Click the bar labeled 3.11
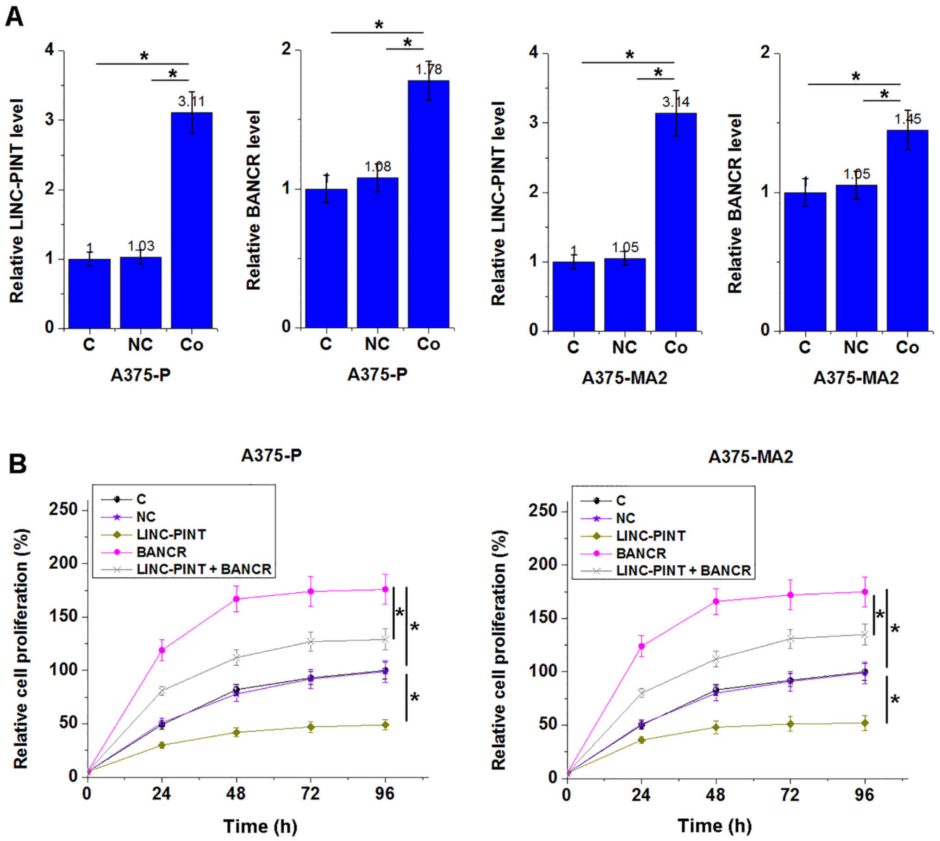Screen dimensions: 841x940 coord(192,220)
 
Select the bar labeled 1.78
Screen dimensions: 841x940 coord(428,204)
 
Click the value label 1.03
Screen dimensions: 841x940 coord(141,246)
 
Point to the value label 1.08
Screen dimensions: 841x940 coord(378,167)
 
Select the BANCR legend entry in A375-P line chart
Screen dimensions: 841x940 coord(162,552)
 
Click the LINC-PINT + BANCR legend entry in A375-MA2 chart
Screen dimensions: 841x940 coord(683,571)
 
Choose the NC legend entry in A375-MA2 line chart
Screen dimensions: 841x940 coord(626,518)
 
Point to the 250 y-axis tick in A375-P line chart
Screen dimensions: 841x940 coord(64,510)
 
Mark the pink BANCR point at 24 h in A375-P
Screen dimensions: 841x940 coord(162,650)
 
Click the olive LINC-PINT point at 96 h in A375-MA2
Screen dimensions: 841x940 coord(864,723)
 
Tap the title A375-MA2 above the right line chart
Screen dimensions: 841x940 coord(750,457)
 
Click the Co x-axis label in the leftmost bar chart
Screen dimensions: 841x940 coord(192,345)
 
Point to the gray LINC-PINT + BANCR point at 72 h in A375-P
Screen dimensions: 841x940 coord(311,642)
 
